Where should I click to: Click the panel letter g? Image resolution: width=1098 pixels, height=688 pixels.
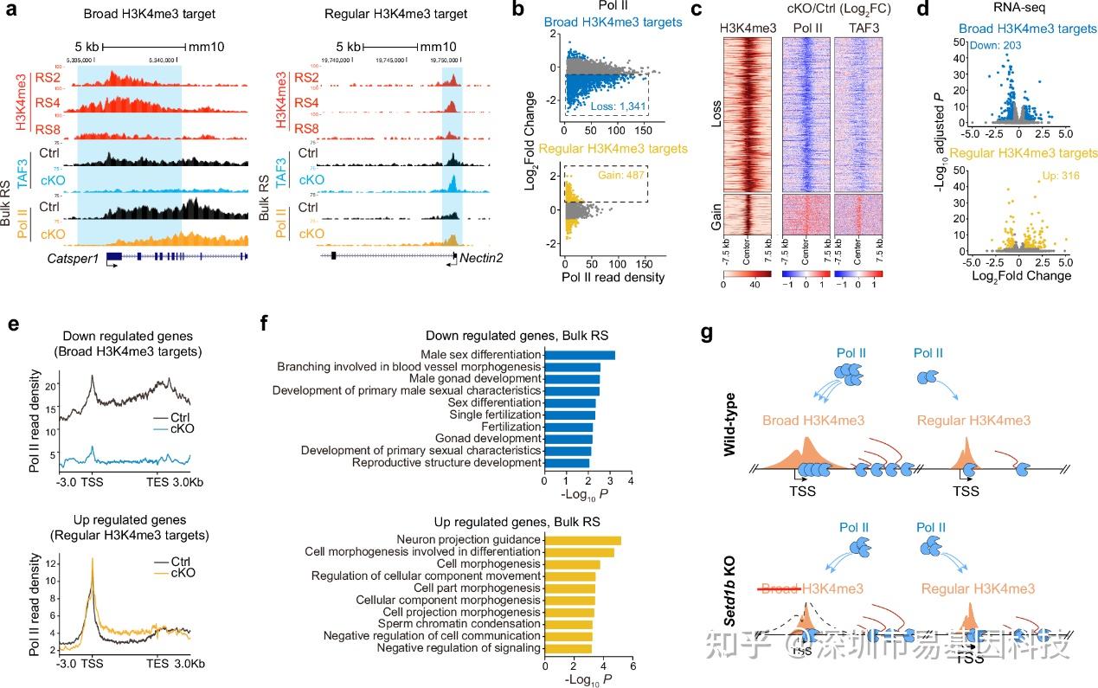pyautogui.click(x=708, y=332)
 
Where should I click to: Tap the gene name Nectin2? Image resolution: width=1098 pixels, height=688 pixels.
pyautogui.click(x=483, y=258)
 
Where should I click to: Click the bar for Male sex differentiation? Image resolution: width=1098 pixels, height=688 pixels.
pyautogui.click(x=579, y=355)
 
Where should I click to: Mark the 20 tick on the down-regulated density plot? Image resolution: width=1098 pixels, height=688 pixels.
pyautogui.click(x=51, y=385)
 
